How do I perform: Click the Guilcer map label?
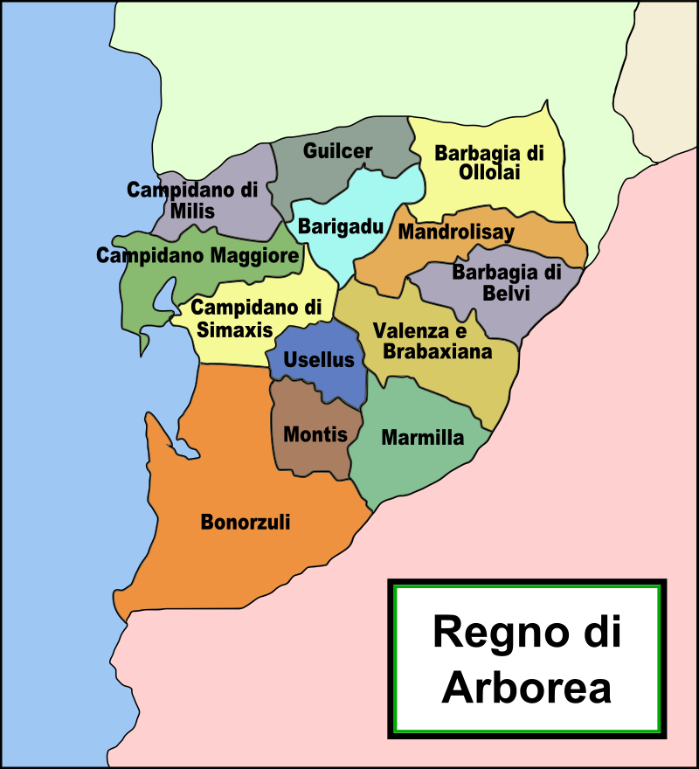coord(338,151)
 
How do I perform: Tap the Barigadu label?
coord(341,227)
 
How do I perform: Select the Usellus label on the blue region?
coord(319,360)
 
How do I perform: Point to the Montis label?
coord(316,435)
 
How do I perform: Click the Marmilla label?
coord(423,438)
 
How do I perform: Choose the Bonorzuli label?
coord(246,523)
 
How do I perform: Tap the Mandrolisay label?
coord(456,232)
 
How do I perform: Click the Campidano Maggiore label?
coord(197,256)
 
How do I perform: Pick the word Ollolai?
coord(489,172)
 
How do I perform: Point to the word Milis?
coord(192,211)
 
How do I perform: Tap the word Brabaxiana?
coord(438,351)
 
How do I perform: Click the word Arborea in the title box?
coord(526,687)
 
